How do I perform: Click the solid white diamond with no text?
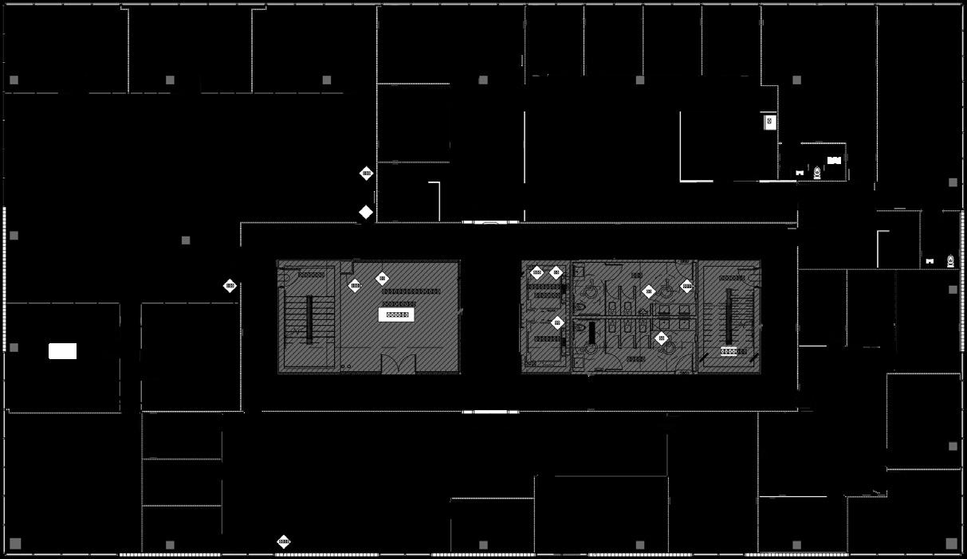[366, 212]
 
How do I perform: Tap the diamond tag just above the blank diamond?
[367, 173]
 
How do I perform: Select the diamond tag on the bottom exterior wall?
[283, 541]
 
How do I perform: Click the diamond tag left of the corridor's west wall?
[230, 285]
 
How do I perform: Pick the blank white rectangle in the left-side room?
[63, 351]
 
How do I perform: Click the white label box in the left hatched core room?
[396, 315]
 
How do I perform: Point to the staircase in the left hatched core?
[309, 319]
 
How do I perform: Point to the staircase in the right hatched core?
[729, 315]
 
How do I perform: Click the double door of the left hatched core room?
[398, 365]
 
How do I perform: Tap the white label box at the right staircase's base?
[733, 351]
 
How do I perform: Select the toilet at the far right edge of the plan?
[950, 260]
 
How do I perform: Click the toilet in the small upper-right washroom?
[817, 172]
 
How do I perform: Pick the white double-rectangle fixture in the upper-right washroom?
[834, 160]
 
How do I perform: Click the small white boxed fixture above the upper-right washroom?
[769, 121]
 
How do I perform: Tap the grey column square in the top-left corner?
[14, 80]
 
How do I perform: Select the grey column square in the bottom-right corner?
[951, 543]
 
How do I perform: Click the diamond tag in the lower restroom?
[661, 338]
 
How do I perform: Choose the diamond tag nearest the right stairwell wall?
[687, 286]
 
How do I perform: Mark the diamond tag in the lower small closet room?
[557, 322]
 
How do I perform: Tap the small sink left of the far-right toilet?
[930, 261]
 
